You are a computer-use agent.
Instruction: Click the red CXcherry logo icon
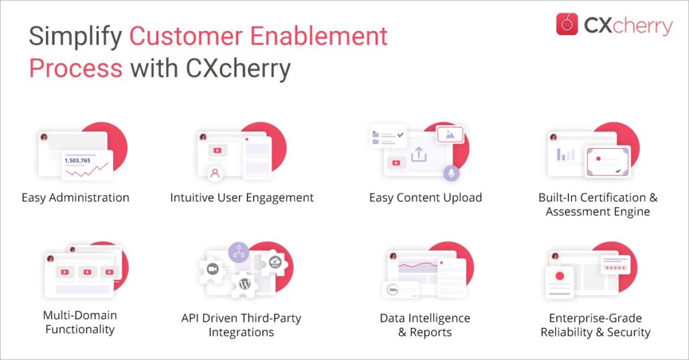click(567, 24)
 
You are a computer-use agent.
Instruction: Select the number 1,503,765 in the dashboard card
click(77, 160)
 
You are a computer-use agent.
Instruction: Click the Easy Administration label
click(75, 198)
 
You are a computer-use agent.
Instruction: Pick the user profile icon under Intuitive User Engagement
click(215, 173)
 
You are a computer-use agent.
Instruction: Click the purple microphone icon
click(451, 173)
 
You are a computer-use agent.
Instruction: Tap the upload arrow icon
click(419, 154)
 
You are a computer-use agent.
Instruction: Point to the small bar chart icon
click(566, 155)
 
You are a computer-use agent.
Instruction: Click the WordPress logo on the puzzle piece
click(245, 284)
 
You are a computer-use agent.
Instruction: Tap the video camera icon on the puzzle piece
click(213, 268)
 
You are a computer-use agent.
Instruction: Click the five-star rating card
click(615, 265)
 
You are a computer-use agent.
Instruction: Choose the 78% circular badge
click(392, 290)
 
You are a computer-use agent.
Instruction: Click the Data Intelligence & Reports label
click(425, 325)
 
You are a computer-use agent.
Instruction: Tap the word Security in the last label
click(629, 332)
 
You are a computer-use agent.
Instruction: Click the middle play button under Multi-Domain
click(87, 272)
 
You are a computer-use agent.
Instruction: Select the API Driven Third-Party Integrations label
click(242, 325)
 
